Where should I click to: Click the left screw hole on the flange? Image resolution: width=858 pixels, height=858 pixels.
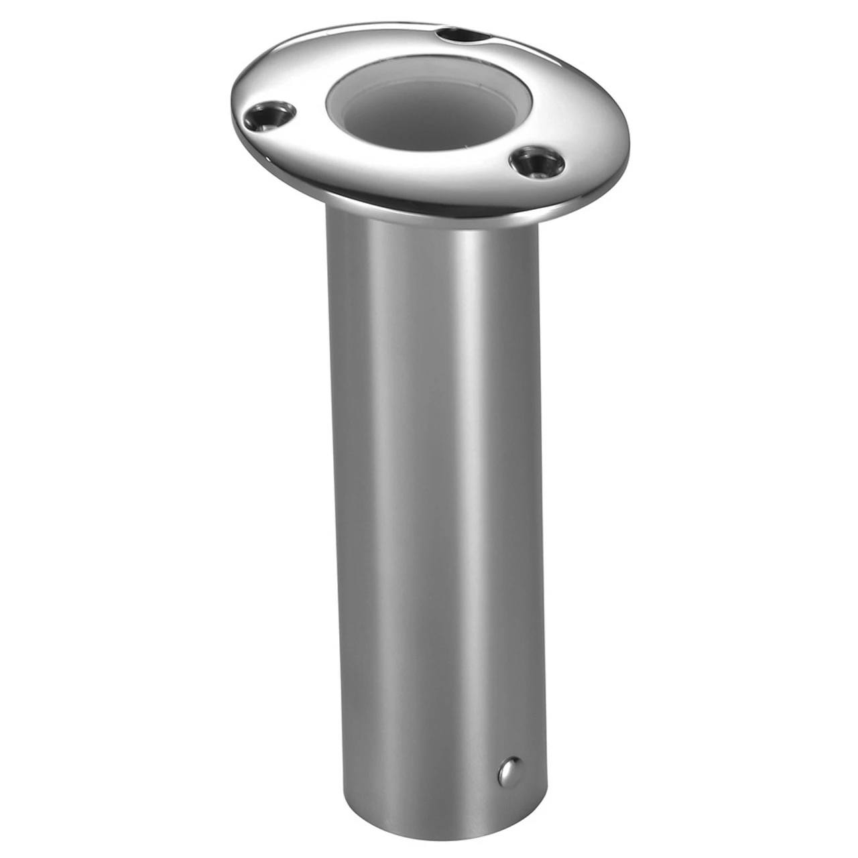[x=271, y=115]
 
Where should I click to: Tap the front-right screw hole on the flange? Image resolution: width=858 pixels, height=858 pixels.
[x=535, y=161]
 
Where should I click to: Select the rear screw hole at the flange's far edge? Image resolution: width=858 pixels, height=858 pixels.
[x=456, y=34]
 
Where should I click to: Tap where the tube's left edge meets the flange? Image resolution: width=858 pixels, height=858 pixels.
[x=326, y=205]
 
